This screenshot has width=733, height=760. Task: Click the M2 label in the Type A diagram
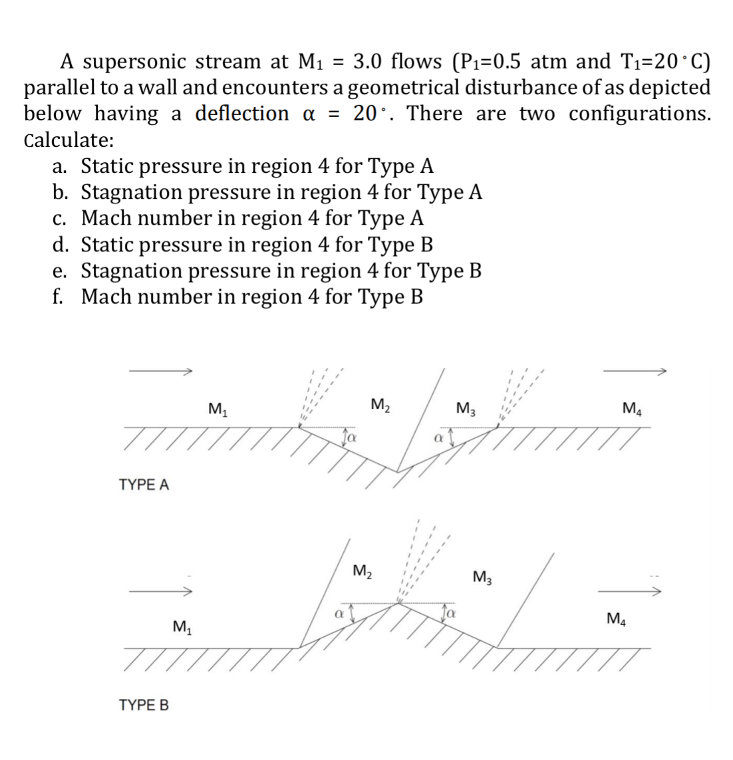[380, 404]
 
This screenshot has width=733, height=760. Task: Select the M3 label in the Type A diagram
[464, 408]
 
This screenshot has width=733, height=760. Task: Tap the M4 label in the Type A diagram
[631, 407]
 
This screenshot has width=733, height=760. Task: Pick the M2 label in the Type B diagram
[363, 570]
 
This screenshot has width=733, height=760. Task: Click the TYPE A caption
[144, 485]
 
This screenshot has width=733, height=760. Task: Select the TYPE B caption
[144, 704]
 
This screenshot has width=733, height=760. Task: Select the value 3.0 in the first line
[368, 61]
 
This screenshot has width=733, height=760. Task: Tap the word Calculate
[69, 140]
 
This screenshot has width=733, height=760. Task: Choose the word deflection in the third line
[241, 114]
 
